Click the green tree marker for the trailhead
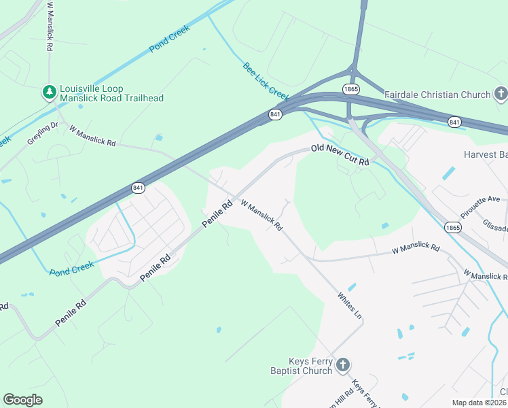tap(49, 92)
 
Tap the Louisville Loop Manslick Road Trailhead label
tap(111, 93)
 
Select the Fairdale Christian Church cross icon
tap(501, 94)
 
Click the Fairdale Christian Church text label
tap(437, 95)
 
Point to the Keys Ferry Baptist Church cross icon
tap(343, 366)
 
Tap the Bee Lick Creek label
tap(266, 80)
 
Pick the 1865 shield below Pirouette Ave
tap(453, 226)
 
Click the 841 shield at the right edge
tap(455, 121)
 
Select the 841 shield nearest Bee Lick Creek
tap(275, 115)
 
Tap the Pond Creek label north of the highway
tap(169, 39)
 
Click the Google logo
tap(22, 400)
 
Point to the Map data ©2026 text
tap(479, 403)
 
